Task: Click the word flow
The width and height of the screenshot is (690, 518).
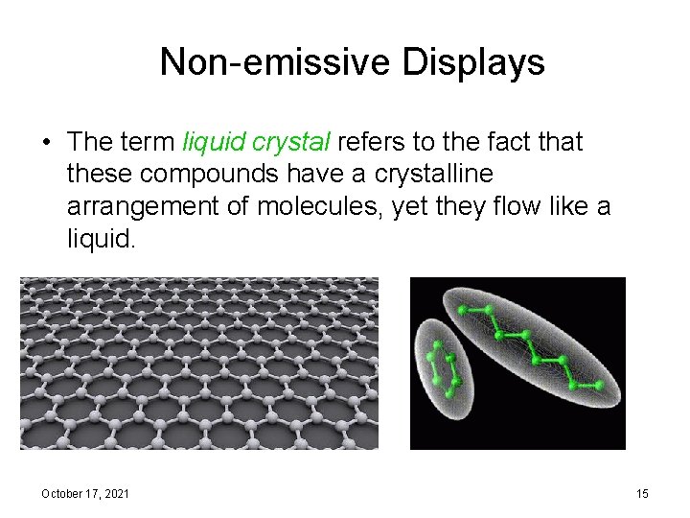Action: click(521, 206)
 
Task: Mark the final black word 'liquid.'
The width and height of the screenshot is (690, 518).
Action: click(103, 238)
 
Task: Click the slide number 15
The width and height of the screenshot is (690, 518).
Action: click(642, 493)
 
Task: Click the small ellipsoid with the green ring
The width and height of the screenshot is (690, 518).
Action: click(443, 366)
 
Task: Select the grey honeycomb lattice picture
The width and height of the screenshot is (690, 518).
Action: click(199, 364)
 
